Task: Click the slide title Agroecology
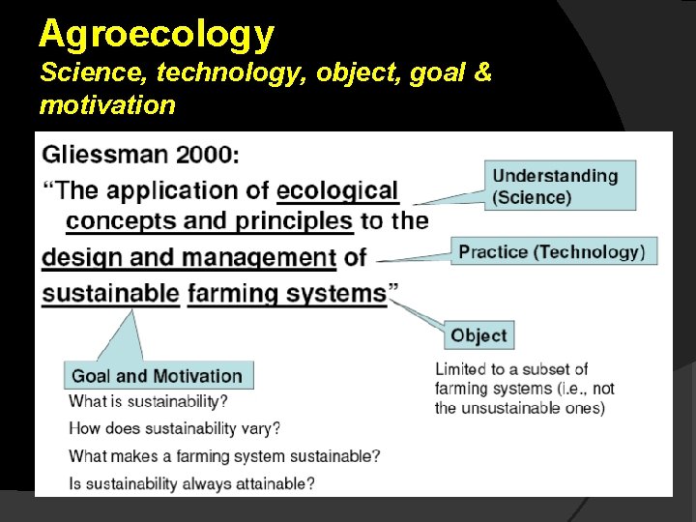click(157, 35)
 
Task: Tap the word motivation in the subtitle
click(107, 104)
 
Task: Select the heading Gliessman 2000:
click(141, 154)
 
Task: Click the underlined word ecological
click(337, 190)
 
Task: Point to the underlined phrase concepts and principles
click(209, 221)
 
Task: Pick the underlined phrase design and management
click(188, 257)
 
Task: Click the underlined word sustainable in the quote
click(110, 293)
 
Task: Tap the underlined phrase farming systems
click(287, 293)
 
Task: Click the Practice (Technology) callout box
click(553, 251)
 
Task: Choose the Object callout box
click(478, 335)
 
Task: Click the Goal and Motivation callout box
click(158, 376)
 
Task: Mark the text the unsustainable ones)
click(519, 408)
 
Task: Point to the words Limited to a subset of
click(511, 369)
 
